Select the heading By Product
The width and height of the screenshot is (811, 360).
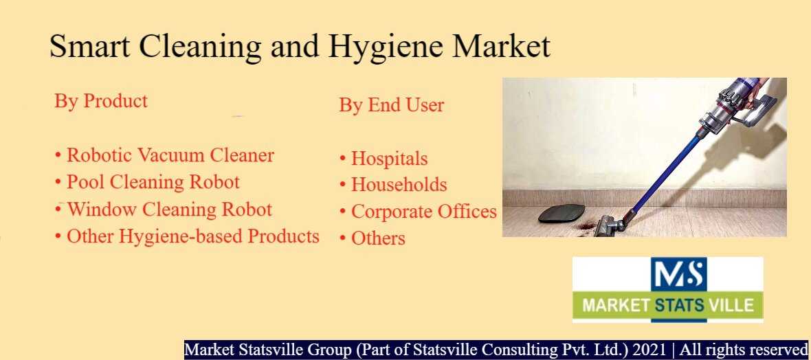(101, 100)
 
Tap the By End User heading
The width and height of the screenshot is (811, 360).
(392, 105)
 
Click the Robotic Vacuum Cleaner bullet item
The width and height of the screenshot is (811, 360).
(164, 155)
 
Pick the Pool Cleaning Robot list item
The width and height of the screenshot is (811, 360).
(147, 182)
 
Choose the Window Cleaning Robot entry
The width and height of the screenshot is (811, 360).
(163, 210)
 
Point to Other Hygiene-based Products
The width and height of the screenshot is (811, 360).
(187, 236)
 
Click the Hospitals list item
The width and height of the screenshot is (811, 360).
(384, 159)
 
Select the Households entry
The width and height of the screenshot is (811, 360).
(393, 185)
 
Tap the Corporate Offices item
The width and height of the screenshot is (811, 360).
(418, 212)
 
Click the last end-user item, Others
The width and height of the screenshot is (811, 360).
(372, 238)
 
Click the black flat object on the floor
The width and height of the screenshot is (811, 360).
(562, 213)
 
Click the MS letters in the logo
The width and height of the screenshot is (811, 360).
(678, 274)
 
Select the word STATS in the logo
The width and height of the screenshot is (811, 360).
(679, 304)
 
